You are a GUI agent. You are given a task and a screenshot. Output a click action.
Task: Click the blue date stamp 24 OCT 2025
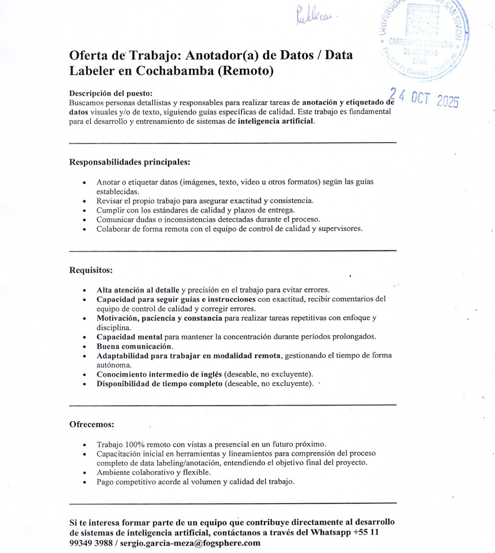425,98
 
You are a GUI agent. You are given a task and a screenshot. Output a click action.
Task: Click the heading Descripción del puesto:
111,93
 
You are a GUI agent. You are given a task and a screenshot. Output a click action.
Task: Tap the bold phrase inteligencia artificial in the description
276,121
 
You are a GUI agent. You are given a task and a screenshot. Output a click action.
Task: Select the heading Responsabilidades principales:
129,162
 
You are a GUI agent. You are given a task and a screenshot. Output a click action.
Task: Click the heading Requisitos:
91,270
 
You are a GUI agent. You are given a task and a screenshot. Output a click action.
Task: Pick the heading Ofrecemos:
92,424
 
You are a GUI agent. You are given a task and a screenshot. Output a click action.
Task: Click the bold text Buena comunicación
134,346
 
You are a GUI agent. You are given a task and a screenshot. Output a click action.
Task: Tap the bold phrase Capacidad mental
129,336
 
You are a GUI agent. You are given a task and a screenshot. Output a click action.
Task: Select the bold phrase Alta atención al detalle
138,290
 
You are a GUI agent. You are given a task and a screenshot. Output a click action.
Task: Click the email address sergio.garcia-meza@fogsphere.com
190,543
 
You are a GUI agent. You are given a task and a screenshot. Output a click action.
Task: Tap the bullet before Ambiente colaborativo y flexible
84,473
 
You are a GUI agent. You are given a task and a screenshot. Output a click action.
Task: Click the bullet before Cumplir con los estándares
84,210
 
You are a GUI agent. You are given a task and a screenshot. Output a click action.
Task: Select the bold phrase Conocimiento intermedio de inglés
159,374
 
